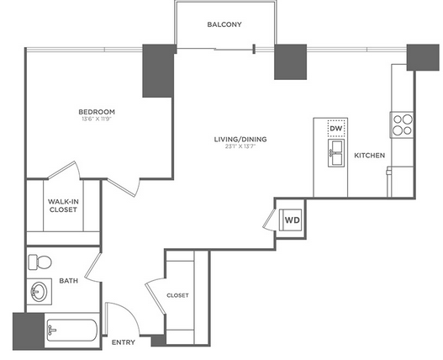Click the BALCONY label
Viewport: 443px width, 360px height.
[x=224, y=24]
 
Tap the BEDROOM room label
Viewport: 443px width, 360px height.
[x=97, y=112]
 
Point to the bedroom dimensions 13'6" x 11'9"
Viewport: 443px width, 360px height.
[x=97, y=119]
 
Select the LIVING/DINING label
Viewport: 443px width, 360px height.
[x=240, y=139]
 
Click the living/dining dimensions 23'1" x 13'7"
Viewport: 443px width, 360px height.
[x=240, y=146]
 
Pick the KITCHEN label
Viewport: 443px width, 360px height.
[x=370, y=156]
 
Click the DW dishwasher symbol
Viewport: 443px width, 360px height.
[x=336, y=129]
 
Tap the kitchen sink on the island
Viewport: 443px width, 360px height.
[x=336, y=153]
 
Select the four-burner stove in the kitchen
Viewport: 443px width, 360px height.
[x=402, y=124]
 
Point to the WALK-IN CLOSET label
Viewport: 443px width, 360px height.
[x=63, y=205]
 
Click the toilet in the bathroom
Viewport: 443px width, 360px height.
[x=40, y=262]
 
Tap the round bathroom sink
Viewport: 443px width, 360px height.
[x=39, y=291]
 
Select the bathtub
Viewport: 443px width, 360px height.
[x=71, y=331]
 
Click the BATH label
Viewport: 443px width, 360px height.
[x=68, y=281]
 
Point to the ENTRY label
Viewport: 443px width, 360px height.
[x=124, y=342]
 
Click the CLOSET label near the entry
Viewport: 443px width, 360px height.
[x=177, y=295]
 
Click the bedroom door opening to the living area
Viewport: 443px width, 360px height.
[x=124, y=187]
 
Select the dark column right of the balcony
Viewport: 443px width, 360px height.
[x=291, y=62]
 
